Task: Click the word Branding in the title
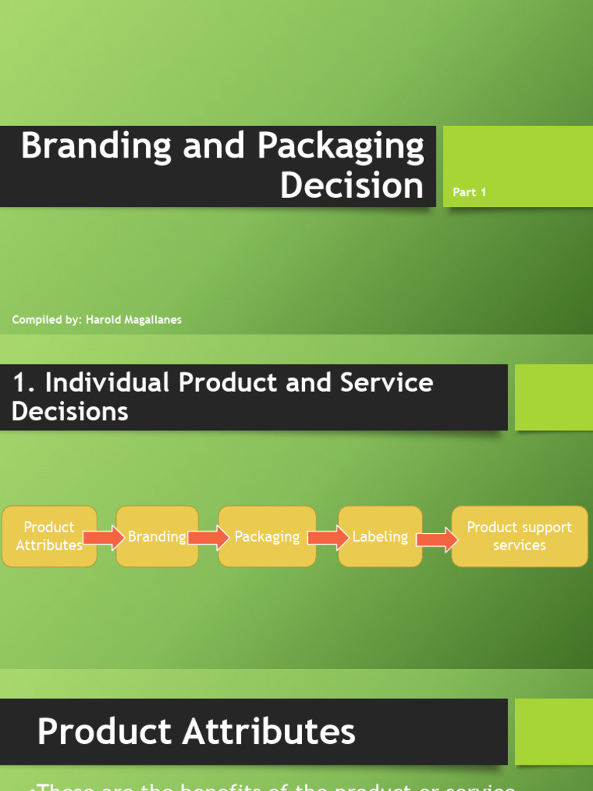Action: tap(95, 147)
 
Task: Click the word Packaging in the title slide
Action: tap(341, 147)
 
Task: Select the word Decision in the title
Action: tap(351, 185)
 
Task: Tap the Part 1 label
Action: tap(469, 192)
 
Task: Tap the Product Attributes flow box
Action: tap(49, 536)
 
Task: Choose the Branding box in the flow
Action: tap(157, 536)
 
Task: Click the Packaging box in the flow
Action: tap(266, 536)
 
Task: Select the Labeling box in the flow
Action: tap(380, 536)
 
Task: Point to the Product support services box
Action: tap(519, 536)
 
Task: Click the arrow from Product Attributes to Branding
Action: tap(104, 537)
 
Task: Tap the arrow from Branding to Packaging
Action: tap(208, 537)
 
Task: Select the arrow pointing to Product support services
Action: tap(437, 538)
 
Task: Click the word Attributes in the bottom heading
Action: tap(275, 732)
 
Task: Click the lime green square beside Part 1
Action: tap(518, 166)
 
